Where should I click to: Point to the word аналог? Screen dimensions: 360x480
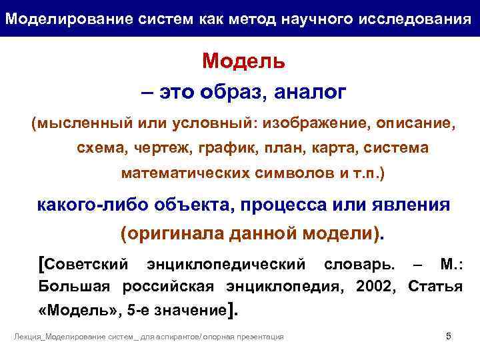(310, 92)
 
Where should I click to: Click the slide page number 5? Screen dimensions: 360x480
(449, 336)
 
